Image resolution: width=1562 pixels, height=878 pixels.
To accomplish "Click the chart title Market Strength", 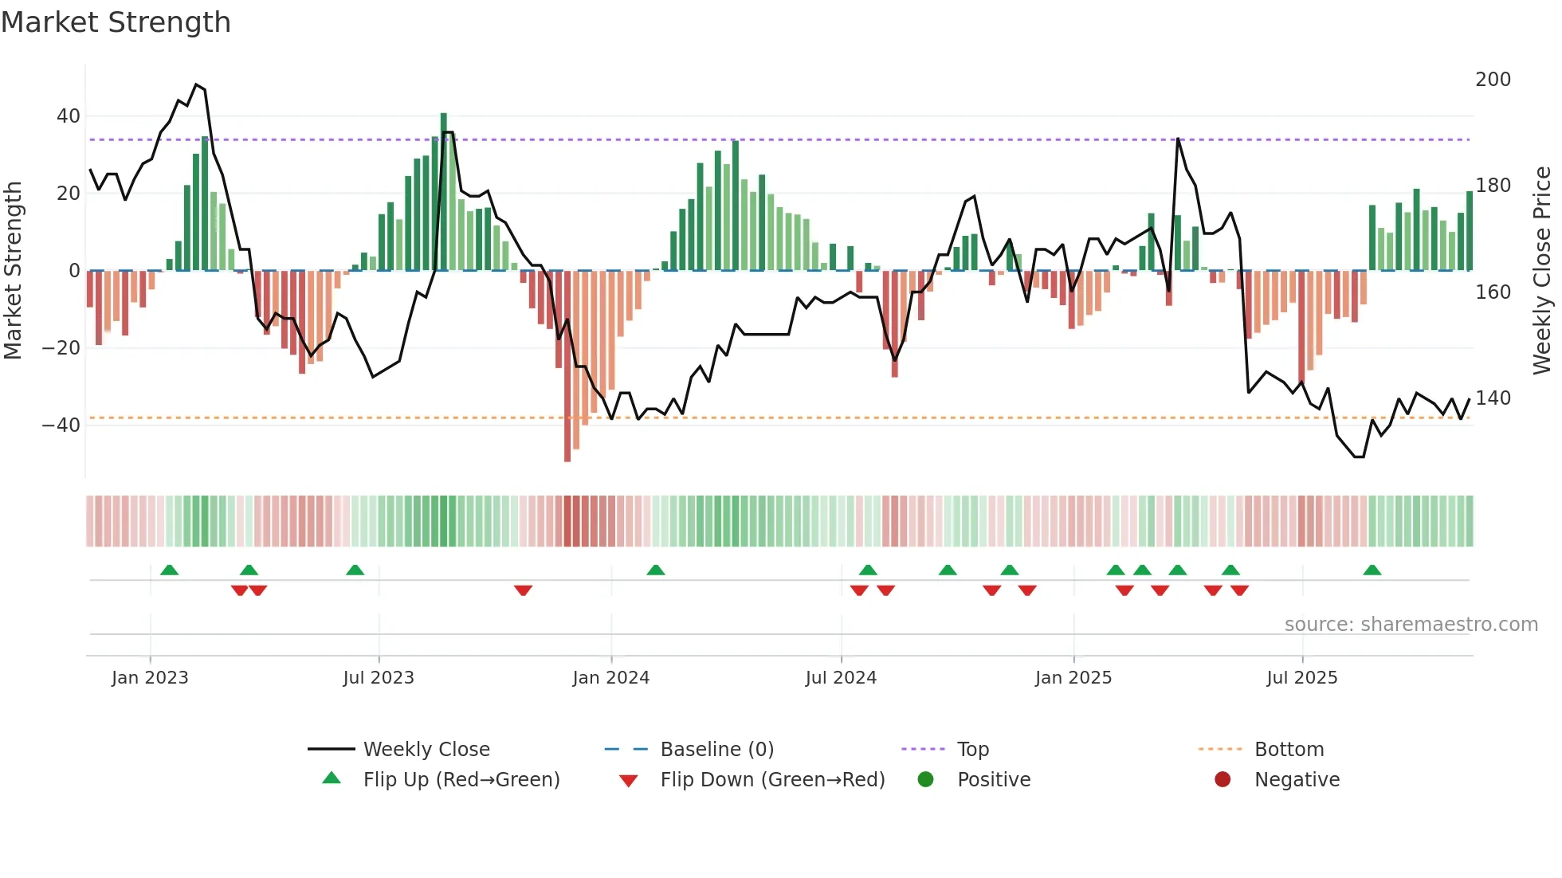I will click(116, 22).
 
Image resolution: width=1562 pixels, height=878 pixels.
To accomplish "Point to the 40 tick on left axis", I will click(69, 116).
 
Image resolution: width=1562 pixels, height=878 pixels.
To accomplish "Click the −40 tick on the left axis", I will click(62, 425).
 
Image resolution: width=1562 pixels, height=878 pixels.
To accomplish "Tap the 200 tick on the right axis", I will click(1493, 80).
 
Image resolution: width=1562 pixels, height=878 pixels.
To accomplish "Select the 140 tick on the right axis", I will click(1493, 398).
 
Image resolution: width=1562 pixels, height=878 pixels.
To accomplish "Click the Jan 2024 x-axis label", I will click(610, 678).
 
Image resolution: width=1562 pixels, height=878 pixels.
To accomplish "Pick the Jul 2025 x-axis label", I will click(1301, 678).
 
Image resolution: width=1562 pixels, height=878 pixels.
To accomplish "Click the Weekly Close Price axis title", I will click(1542, 271).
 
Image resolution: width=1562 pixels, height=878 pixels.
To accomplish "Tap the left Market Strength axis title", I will click(13, 271).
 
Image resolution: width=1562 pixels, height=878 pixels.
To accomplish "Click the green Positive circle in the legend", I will click(925, 779).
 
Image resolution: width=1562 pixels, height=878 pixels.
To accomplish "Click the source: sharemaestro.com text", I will click(1411, 625).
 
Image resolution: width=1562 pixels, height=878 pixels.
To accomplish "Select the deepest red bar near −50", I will click(567, 366).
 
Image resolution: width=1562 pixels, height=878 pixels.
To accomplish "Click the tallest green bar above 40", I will click(444, 191).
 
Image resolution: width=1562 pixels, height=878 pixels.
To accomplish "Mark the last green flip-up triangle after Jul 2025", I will click(1372, 570).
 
